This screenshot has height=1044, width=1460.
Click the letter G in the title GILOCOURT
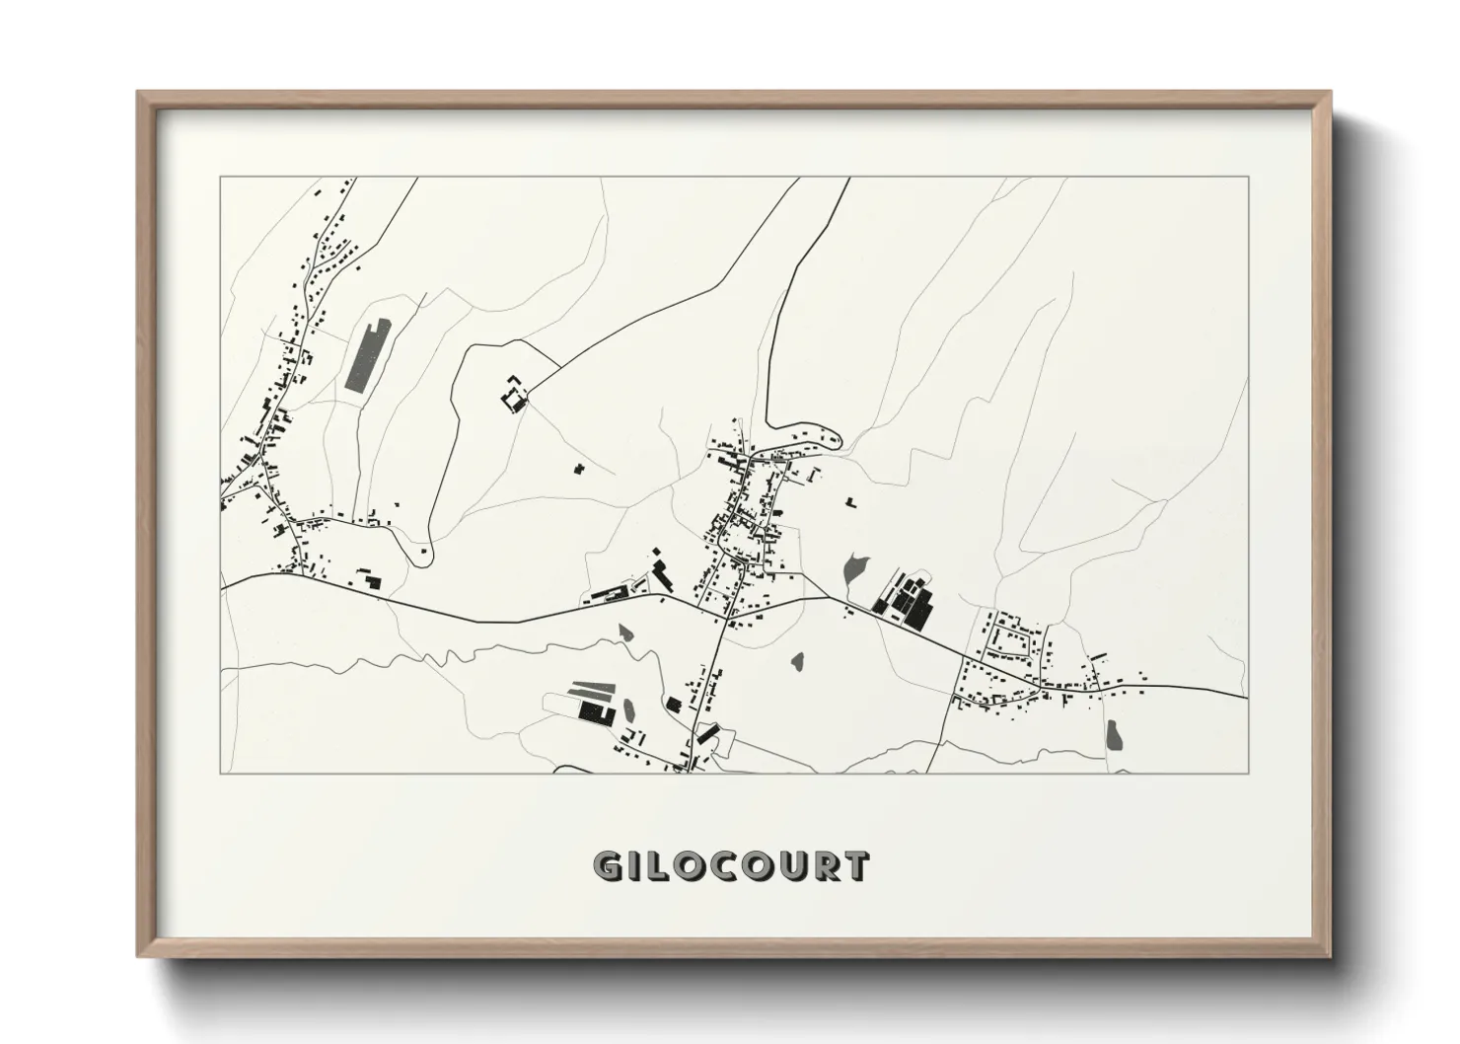608,865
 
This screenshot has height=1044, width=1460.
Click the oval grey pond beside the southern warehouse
628,708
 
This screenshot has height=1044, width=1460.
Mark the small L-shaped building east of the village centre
848,502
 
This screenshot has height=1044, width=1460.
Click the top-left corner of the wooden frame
139,94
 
